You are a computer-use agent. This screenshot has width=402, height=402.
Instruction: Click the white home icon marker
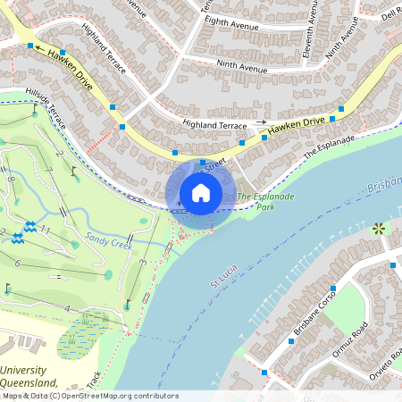[201, 193]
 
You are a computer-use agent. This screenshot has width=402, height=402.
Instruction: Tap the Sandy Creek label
[108, 239]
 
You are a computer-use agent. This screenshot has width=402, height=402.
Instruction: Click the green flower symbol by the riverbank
[378, 228]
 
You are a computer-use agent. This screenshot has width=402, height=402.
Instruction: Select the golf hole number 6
[18, 264]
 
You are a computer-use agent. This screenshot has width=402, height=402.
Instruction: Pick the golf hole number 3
[142, 263]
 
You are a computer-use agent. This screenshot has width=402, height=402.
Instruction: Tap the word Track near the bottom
[96, 379]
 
